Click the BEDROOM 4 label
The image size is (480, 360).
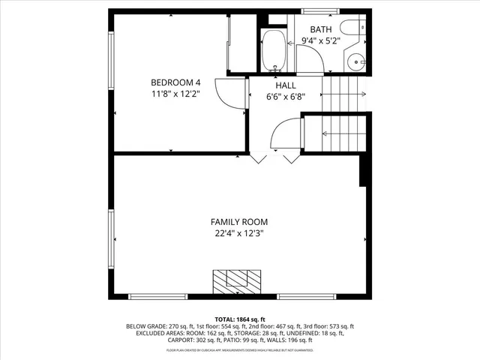(175, 82)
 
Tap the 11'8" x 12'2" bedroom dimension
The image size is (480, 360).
(175, 94)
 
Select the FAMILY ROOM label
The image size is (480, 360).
(238, 222)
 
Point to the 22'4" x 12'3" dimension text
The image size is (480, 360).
(238, 234)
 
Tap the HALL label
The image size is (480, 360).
(286, 85)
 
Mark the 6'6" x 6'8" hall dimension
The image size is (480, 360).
(286, 97)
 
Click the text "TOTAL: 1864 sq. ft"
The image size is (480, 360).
(239, 319)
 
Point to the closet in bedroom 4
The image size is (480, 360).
(239, 44)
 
